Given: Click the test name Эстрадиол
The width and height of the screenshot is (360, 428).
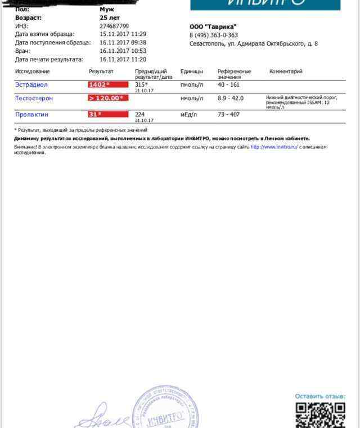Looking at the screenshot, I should [x=31, y=85].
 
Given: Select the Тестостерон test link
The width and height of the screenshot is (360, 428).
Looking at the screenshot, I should [x=34, y=98].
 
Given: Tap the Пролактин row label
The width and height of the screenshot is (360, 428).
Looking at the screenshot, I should [x=32, y=115].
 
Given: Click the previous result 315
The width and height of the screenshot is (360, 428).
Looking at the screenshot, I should [x=141, y=84].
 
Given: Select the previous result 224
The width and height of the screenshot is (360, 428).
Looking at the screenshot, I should [x=140, y=114].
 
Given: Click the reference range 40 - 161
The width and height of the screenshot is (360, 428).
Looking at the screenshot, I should [x=228, y=85].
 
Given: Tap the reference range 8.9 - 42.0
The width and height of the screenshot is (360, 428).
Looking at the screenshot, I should [x=231, y=98].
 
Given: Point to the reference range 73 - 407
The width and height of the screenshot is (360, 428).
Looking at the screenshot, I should [x=228, y=115].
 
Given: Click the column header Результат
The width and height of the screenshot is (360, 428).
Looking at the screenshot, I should [x=101, y=71].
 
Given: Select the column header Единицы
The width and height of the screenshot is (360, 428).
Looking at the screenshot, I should [x=192, y=71].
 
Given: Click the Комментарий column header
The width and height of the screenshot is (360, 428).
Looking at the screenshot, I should [x=286, y=71].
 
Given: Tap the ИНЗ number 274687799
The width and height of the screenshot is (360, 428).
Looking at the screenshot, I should [x=114, y=26].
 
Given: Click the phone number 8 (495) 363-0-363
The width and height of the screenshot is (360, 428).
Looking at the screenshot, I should [x=214, y=35].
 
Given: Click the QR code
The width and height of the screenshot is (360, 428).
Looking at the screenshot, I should [x=320, y=415].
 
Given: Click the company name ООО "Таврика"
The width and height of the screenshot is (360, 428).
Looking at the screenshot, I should [x=213, y=26].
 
